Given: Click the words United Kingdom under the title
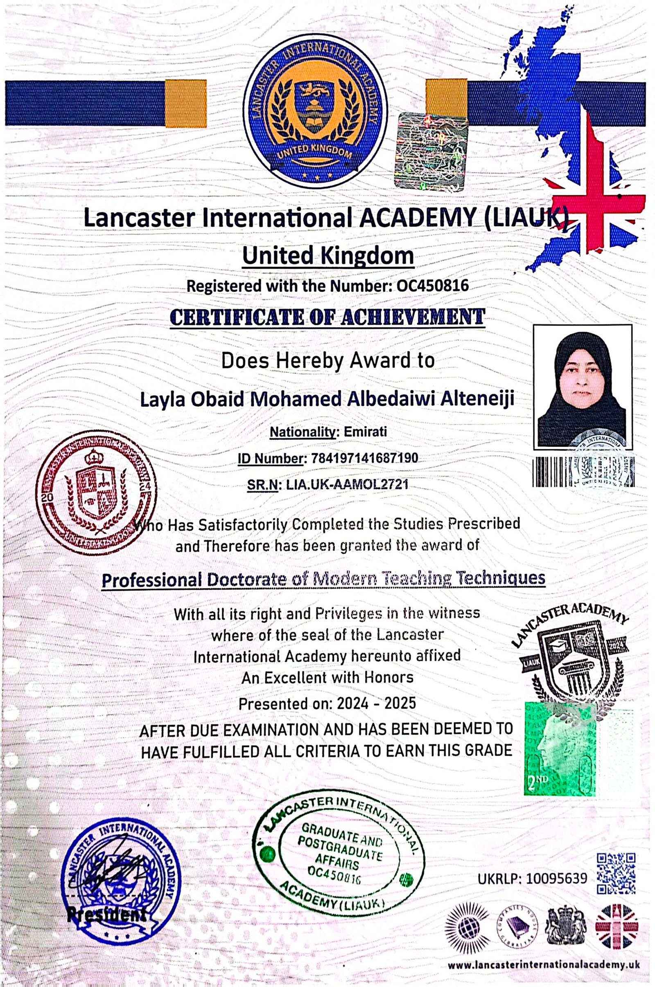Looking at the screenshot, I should pos(327,256).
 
